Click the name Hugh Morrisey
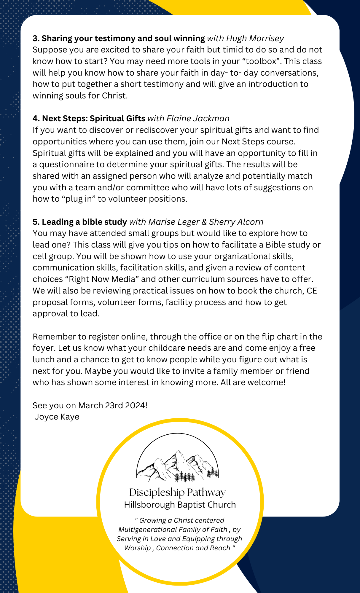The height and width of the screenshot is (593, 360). click(x=255, y=38)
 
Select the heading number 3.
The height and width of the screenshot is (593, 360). click(x=36, y=39)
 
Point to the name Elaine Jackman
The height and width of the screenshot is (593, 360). click(x=198, y=118)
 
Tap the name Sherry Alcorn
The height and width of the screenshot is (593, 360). click(x=236, y=222)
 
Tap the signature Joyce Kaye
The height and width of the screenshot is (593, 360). click(x=57, y=417)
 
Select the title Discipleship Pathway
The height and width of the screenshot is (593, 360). click(x=177, y=492)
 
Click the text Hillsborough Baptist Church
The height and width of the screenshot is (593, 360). click(x=180, y=505)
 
